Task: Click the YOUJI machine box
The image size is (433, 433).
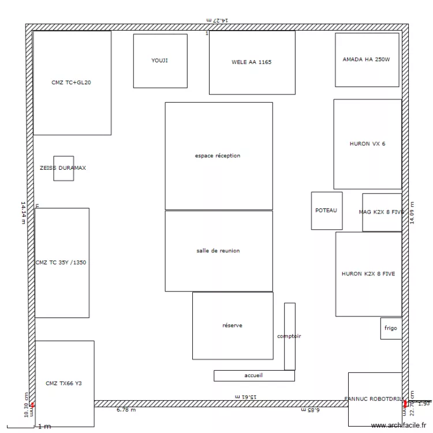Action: click(160, 61)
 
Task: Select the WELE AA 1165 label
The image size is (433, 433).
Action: click(251, 62)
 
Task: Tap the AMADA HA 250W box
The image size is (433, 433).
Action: click(367, 59)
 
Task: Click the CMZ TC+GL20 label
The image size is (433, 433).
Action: click(71, 83)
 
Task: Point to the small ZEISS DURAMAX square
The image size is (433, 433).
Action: click(64, 168)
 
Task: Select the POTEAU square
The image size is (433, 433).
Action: click(326, 211)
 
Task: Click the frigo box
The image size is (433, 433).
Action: click(391, 328)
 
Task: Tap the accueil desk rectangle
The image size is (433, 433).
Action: click(253, 375)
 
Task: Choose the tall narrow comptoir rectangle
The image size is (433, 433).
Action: click(289, 336)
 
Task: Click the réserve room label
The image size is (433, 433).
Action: click(232, 326)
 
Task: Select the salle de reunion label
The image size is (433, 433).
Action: click(218, 251)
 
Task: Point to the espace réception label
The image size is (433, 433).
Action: click(218, 156)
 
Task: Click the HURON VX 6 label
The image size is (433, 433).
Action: click(367, 144)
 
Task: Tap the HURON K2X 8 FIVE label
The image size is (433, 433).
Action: click(368, 274)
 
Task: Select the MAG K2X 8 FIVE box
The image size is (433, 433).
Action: click(382, 212)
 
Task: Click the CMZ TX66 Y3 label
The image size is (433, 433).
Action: click(64, 383)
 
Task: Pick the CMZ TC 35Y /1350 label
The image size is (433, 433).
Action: click(61, 263)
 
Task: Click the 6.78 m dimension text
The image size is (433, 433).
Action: click(126, 410)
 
